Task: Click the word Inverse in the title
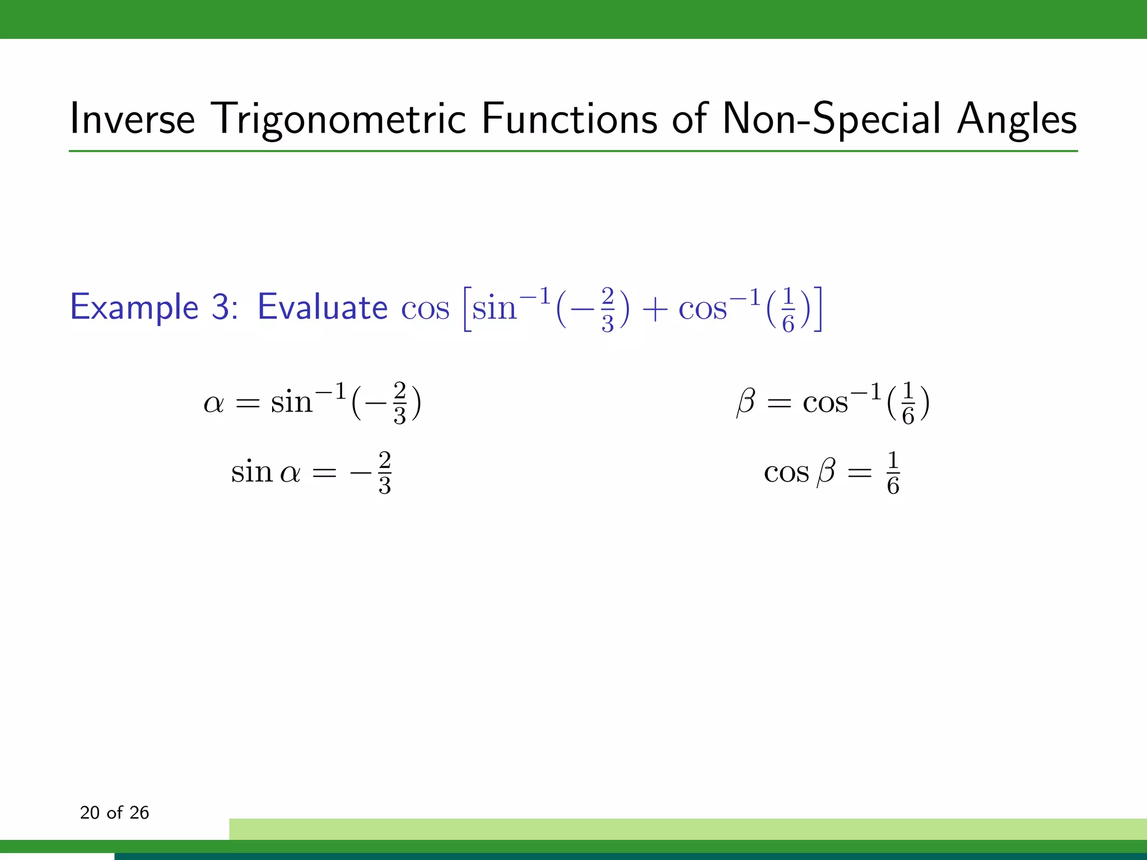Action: pyautogui.click(x=132, y=119)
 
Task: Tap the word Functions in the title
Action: pyautogui.click(x=569, y=119)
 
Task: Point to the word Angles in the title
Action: pyautogui.click(x=1017, y=119)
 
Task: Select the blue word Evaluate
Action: pyautogui.click(x=322, y=307)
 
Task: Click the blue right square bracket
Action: pyautogui.click(x=818, y=309)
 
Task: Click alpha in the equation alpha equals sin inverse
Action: pyautogui.click(x=213, y=403)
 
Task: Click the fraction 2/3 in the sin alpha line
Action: pyautogui.click(x=385, y=473)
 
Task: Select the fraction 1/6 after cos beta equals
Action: pyautogui.click(x=893, y=473)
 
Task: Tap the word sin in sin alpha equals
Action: pyautogui.click(x=251, y=471)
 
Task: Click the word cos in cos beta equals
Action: pyautogui.click(x=786, y=473)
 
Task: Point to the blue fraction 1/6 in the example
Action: pyautogui.click(x=788, y=310)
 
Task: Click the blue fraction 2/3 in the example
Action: pyautogui.click(x=608, y=310)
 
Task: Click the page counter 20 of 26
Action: pyautogui.click(x=114, y=812)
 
